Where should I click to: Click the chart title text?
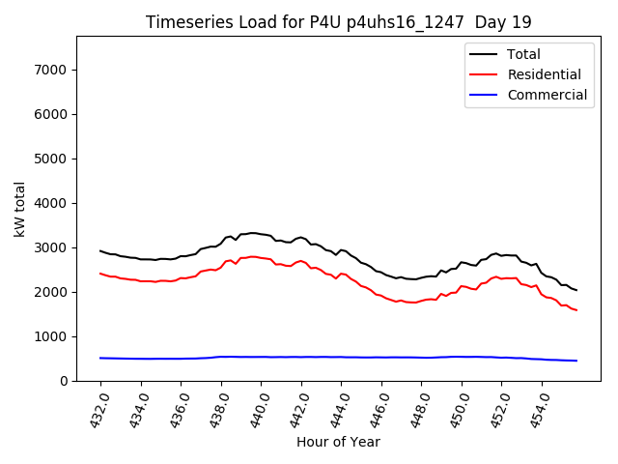coord(338,22)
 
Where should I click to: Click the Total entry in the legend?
coord(523,54)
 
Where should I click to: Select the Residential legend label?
coord(544,74)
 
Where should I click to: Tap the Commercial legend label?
coord(547,95)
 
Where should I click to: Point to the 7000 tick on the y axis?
coord(50,70)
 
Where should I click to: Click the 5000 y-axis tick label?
coord(50,159)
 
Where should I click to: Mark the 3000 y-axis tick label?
coord(50,247)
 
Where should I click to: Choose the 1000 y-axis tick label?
coord(50,336)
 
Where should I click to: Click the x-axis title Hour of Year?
coord(338,442)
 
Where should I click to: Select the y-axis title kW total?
coord(19,208)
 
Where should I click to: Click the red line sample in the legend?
coord(484,74)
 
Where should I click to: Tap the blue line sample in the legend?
coord(484,95)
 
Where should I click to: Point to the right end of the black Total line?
coord(576,290)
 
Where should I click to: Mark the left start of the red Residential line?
coord(100,274)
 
